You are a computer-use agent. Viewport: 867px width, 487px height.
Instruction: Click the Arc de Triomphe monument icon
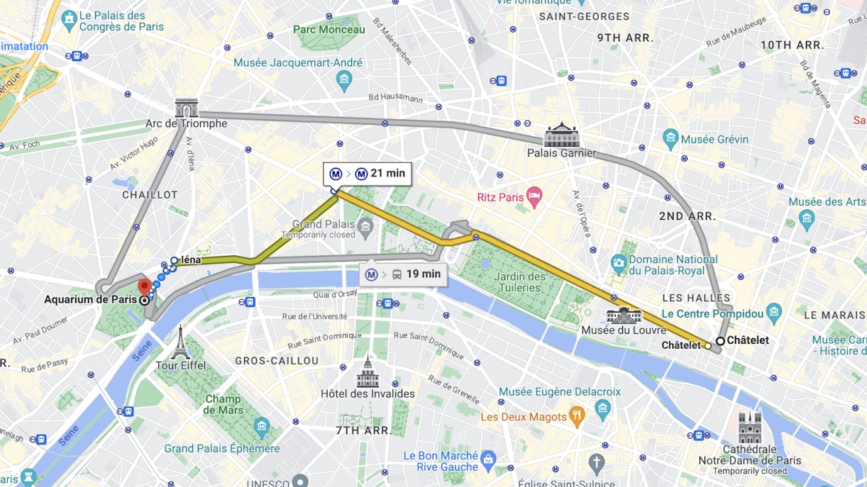[x=187, y=108]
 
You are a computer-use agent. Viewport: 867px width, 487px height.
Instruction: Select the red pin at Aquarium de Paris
[x=145, y=287]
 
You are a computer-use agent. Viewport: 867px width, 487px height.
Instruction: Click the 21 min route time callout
[x=368, y=174]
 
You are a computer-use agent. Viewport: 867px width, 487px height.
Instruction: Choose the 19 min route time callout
[x=403, y=274]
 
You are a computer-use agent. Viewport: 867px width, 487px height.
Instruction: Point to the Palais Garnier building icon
[x=562, y=135]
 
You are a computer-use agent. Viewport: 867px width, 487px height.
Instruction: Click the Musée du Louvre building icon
[x=624, y=315]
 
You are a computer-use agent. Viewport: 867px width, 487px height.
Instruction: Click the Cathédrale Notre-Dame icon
[x=750, y=427]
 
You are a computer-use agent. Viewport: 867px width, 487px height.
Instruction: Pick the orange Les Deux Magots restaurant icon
[x=578, y=417]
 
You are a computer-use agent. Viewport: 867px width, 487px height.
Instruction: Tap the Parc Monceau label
[x=329, y=30]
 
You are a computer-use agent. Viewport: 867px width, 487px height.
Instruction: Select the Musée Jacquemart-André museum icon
[x=345, y=80]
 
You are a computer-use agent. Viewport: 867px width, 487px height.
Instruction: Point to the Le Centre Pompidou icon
[x=774, y=313]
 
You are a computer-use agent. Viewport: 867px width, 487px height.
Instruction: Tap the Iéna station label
[x=191, y=260]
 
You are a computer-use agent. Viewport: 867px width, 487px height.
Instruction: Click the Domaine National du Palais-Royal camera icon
[x=618, y=265]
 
